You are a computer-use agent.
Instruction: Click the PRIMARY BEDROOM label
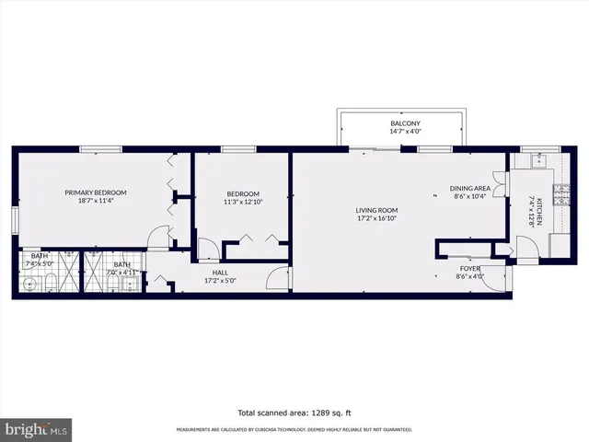[x=96, y=192]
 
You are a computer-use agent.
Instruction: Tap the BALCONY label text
[x=405, y=123]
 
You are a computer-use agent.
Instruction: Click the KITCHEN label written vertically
[x=541, y=213]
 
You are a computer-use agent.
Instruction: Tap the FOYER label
[x=469, y=268]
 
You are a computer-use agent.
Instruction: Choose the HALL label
[x=218, y=273]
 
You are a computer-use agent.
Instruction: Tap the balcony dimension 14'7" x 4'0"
[x=405, y=133]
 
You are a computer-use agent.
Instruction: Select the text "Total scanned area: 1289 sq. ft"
[x=294, y=412]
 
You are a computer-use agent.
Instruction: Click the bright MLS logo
[x=36, y=429]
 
